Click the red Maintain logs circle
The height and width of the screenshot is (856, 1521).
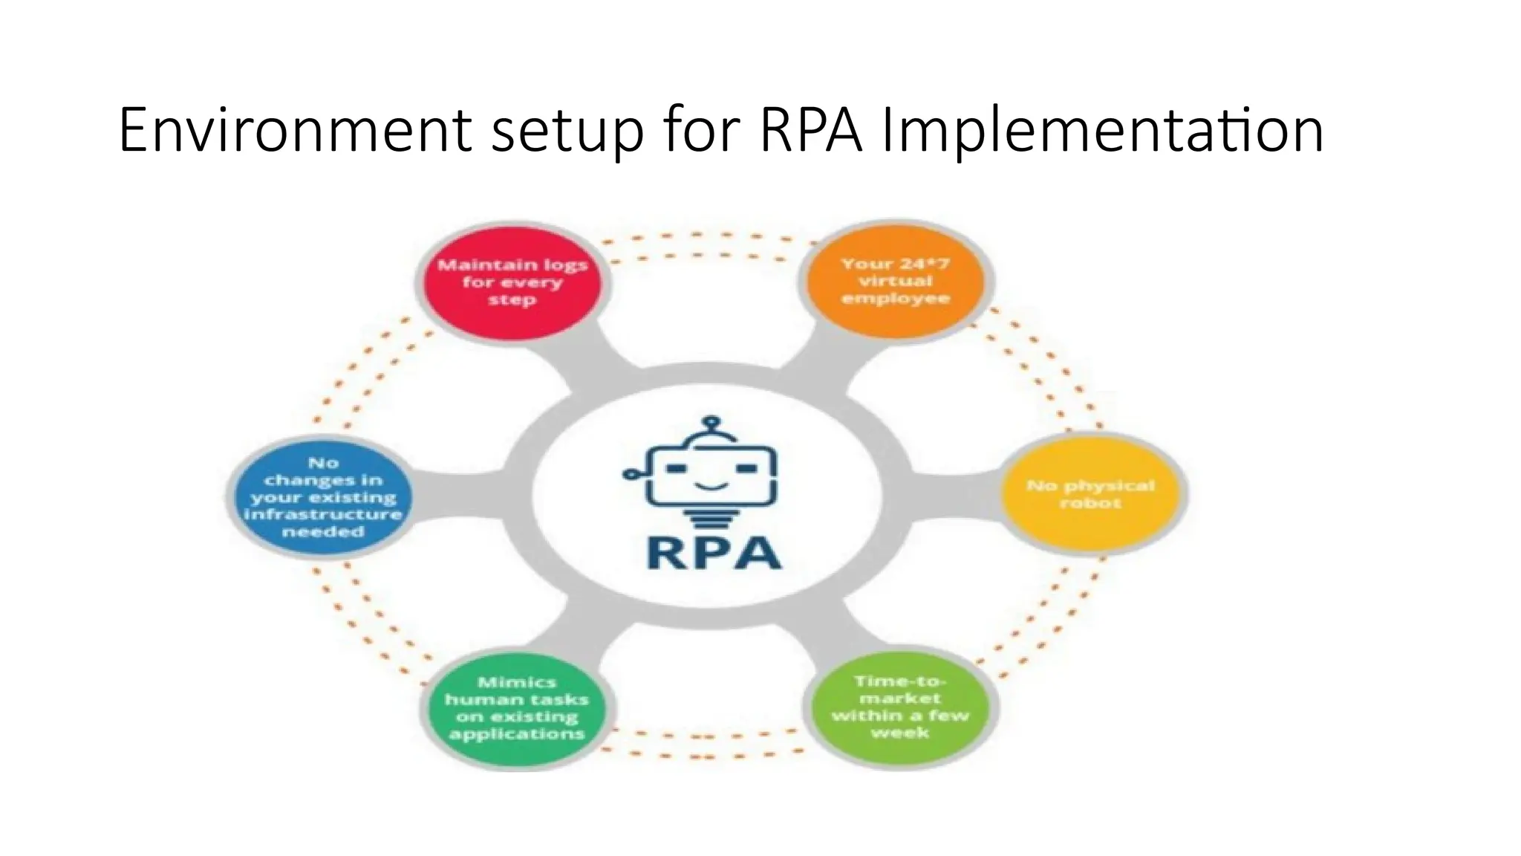(512, 282)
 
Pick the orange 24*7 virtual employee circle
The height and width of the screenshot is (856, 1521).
(896, 281)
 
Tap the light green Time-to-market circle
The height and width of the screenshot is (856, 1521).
(900, 707)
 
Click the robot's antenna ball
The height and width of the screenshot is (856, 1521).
(711, 422)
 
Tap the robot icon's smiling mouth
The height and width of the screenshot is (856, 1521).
(711, 487)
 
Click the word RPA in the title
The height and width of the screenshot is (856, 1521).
(811, 131)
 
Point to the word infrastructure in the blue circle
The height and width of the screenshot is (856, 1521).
(323, 514)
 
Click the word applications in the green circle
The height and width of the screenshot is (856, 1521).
(517, 734)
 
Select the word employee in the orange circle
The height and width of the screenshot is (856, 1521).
(896, 299)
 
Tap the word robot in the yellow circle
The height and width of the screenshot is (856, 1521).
(1090, 503)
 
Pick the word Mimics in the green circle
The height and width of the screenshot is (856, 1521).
(517, 682)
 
